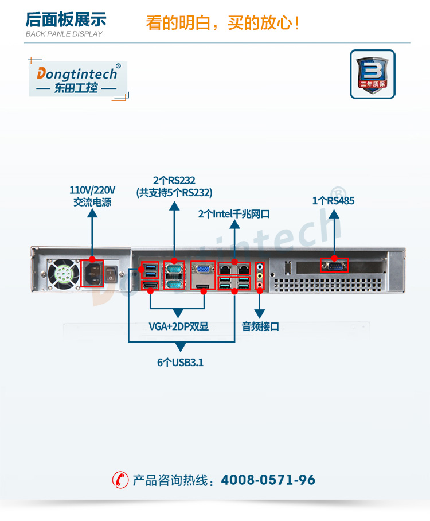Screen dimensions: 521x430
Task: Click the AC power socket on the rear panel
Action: (x=93, y=273)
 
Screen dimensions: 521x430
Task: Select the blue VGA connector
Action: (x=202, y=270)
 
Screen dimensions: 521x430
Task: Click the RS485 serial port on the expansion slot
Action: (x=334, y=266)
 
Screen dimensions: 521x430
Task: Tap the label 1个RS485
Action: (x=333, y=201)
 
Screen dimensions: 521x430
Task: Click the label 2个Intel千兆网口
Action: (x=234, y=214)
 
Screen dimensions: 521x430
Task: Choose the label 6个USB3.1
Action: (x=180, y=363)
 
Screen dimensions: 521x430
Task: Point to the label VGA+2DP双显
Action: (x=178, y=326)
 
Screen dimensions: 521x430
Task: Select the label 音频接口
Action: (x=260, y=326)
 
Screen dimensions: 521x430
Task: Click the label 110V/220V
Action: (x=92, y=190)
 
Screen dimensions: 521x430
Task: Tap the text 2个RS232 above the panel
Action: (x=174, y=180)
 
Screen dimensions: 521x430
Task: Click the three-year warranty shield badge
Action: (x=372, y=74)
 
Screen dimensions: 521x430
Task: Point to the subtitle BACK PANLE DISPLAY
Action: (x=64, y=34)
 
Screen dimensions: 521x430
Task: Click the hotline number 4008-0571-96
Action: (x=268, y=480)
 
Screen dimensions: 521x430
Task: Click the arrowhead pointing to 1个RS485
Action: (x=334, y=213)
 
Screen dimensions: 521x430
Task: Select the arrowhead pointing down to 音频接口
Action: (x=260, y=314)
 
